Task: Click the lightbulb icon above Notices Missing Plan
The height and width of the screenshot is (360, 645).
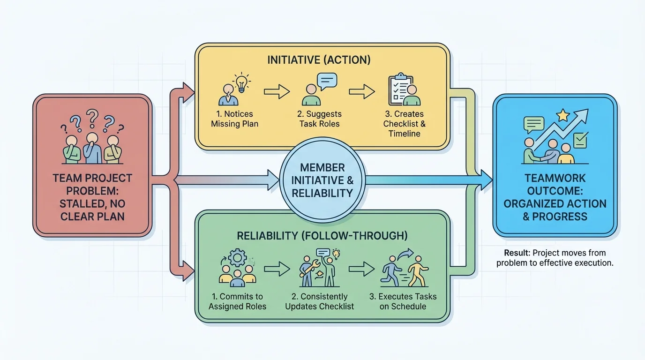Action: pyautogui.click(x=241, y=82)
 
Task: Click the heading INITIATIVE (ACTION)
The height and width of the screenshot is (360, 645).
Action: pyautogui.click(x=319, y=60)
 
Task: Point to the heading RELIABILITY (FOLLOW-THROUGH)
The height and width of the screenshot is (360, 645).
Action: pyautogui.click(x=322, y=235)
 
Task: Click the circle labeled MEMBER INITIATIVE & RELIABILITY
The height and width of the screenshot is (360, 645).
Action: pyautogui.click(x=322, y=180)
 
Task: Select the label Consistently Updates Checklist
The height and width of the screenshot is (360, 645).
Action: pyautogui.click(x=320, y=301)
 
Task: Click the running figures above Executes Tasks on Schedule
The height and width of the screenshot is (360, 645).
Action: pyautogui.click(x=406, y=271)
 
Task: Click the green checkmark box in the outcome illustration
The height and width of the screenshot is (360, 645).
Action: pyautogui.click(x=580, y=140)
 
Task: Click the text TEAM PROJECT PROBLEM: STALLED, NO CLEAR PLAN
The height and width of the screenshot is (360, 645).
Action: pyautogui.click(x=92, y=197)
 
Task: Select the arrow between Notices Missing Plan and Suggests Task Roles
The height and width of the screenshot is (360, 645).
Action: pyautogui.click(x=277, y=92)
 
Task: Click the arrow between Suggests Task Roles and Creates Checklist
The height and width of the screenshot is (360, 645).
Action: pyautogui.click(x=362, y=92)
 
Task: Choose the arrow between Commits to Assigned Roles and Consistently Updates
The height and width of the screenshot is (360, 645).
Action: pyautogui.click(x=277, y=269)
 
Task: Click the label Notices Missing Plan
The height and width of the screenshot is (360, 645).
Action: pyautogui.click(x=234, y=119)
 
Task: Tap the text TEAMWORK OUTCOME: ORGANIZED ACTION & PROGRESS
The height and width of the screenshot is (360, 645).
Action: pyautogui.click(x=555, y=197)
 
